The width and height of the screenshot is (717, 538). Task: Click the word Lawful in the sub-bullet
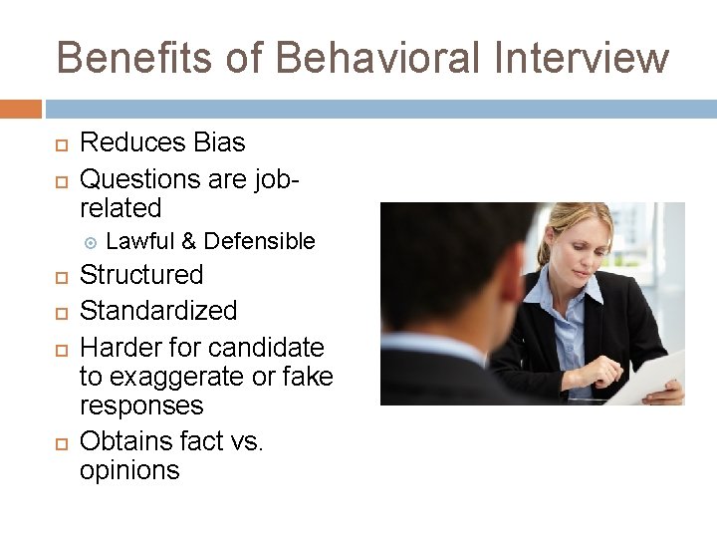pos(139,241)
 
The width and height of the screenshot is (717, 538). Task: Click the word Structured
pos(141,275)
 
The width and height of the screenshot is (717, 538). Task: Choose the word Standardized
pos(158,311)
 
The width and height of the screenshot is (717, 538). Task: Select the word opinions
pos(129,470)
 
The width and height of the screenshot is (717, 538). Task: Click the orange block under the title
pos(21,108)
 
